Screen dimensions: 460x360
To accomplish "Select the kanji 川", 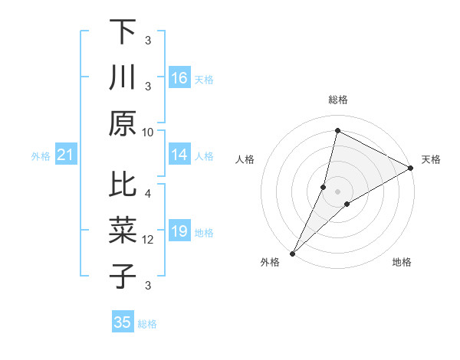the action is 123,78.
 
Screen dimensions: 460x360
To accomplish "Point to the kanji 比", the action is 123,185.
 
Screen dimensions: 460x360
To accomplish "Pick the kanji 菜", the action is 123,231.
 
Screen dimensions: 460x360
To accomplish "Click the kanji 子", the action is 123,277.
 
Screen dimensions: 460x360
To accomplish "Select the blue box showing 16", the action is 179,78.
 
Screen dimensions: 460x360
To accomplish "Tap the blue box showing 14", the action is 179,155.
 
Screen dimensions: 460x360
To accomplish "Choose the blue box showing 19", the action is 179,232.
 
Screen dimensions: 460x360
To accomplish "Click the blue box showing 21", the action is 66,155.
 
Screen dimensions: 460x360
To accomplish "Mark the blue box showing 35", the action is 123,322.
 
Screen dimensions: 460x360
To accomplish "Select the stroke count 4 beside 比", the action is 148,193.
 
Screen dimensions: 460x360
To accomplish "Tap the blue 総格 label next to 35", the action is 147,324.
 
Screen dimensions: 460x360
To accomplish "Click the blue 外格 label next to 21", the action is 41,156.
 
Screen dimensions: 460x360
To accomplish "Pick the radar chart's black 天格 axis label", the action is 431,159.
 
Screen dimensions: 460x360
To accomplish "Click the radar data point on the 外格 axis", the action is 292,254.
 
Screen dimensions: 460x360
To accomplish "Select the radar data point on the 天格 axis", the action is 411,169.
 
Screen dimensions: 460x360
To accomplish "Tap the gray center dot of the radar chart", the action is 338,191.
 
